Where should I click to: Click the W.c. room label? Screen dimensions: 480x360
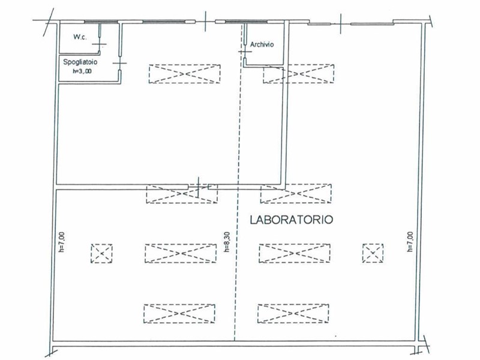[80, 37]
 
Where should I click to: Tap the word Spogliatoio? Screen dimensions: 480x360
[80, 62]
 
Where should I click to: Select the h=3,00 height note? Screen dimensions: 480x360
[82, 71]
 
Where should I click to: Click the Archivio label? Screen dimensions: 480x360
[262, 44]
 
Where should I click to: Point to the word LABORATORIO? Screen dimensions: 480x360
[292, 220]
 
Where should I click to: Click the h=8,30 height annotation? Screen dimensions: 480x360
[227, 242]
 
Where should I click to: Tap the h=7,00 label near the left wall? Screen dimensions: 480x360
[62, 242]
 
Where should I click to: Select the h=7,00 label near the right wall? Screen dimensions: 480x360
[410, 242]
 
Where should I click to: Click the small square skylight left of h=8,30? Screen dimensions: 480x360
[101, 253]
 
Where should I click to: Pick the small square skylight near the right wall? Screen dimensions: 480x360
[373, 253]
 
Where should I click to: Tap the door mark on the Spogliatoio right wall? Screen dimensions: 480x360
[119, 64]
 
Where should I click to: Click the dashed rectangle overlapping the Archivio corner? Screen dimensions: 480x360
[298, 73]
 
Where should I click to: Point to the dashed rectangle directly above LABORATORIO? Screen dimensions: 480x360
[296, 193]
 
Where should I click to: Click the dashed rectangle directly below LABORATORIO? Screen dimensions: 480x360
[295, 253]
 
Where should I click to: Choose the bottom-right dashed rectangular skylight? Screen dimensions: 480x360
[293, 313]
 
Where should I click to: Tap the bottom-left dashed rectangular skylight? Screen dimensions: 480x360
[179, 314]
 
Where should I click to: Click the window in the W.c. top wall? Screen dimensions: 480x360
[101, 22]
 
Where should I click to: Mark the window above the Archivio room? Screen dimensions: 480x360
[246, 22]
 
